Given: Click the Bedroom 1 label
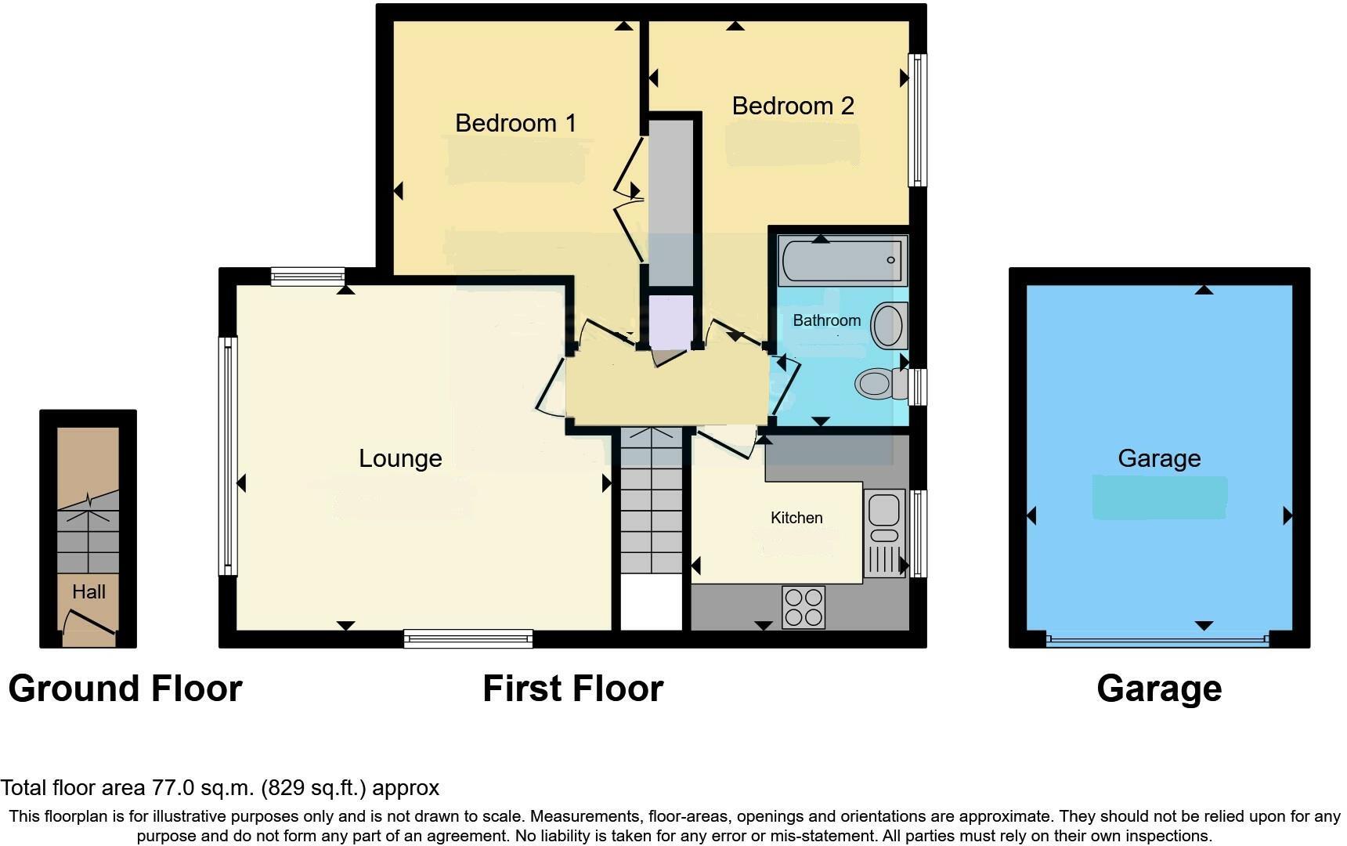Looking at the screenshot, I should point(515,123).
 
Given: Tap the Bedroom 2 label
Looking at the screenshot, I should point(793,106).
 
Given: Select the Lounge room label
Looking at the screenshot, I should point(400,458).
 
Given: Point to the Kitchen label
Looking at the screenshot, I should point(796,518).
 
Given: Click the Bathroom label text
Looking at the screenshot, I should point(826,320).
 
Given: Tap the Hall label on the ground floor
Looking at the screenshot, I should point(88,592).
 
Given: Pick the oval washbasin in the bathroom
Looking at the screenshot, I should point(888,325).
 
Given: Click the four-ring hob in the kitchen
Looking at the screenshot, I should point(804,607).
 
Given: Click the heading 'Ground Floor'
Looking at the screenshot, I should point(125,689).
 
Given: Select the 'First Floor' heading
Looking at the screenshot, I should point(572,689).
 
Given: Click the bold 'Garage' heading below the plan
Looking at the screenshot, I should point(1159,689).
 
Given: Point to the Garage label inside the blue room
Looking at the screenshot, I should point(1159,458).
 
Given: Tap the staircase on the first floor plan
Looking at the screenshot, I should point(652,501).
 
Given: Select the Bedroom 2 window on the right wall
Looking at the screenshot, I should point(917,120).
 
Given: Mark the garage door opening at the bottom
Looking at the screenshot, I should point(1157,640).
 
